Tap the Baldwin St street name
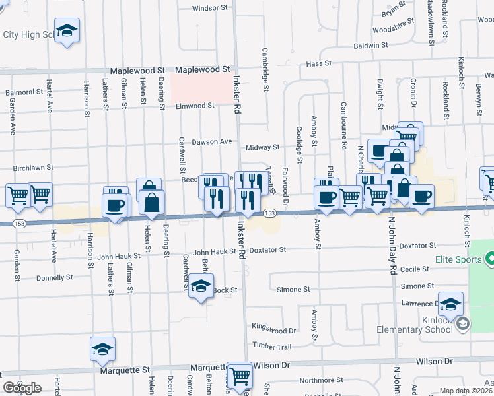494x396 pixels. pyautogui.click(x=370, y=46)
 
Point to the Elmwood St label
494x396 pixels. pyautogui.click(x=195, y=106)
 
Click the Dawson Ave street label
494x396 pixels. pyautogui.click(x=212, y=141)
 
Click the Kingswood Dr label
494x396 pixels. pyautogui.click(x=274, y=329)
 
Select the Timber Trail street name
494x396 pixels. pyautogui.click(x=271, y=346)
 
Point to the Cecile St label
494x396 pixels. pyautogui.click(x=415, y=269)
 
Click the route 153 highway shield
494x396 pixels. pyautogui.click(x=269, y=213)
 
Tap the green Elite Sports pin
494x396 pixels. pyautogui.click(x=489, y=260)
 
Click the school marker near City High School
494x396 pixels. pyautogui.click(x=67, y=31)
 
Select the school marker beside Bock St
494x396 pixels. pyautogui.click(x=201, y=286)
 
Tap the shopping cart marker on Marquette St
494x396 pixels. pyautogui.click(x=240, y=374)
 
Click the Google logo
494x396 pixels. pyautogui.click(x=22, y=387)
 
